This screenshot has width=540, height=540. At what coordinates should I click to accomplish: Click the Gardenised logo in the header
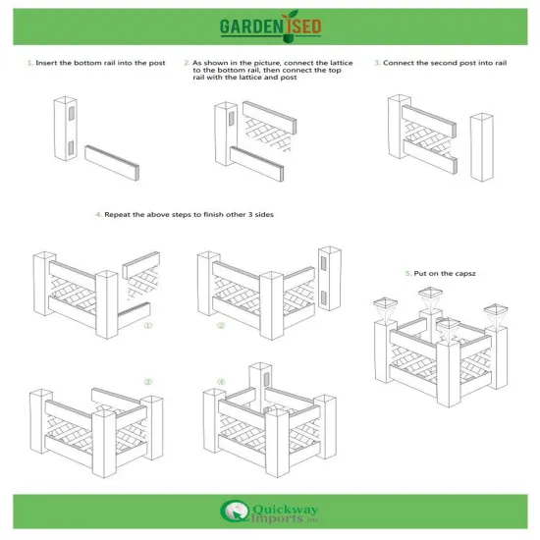[269, 24]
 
